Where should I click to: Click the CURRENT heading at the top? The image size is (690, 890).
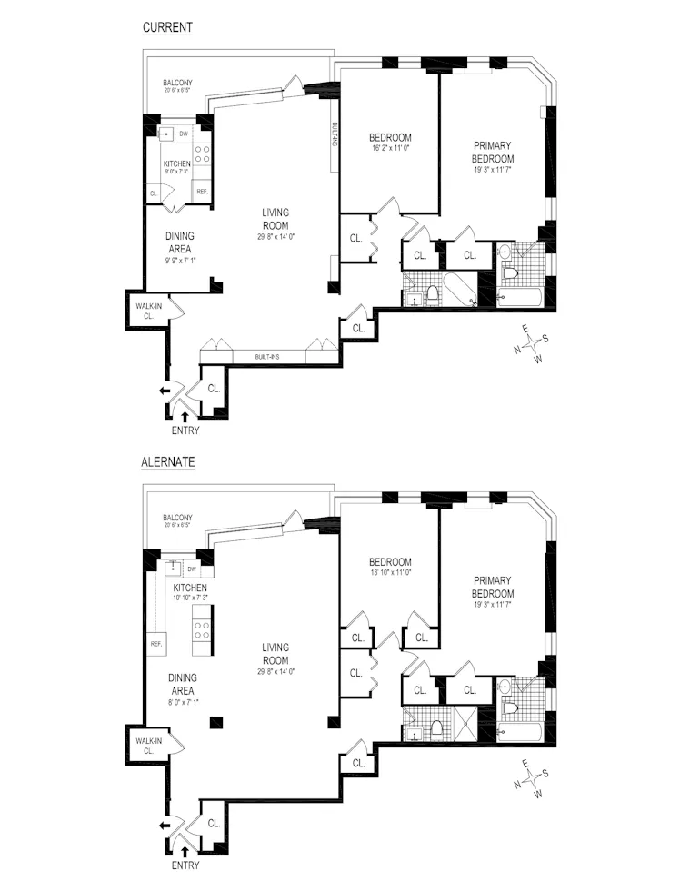tap(167, 27)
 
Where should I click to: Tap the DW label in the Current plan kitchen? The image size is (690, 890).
tap(183, 134)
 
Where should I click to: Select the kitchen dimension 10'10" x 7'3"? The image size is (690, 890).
tap(185, 598)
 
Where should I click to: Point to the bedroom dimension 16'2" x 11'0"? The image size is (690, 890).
tap(390, 148)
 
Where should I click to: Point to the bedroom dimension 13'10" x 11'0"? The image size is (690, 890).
tap(390, 573)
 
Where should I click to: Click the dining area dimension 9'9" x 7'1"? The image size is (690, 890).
tap(179, 260)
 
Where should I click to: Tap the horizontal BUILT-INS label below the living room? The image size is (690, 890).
tap(266, 357)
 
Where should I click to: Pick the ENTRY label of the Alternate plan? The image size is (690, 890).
tap(185, 865)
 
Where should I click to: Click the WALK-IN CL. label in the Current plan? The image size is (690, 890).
tap(149, 311)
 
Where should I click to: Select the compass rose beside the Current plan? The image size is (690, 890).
tap(531, 346)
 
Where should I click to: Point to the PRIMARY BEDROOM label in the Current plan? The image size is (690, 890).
tap(493, 152)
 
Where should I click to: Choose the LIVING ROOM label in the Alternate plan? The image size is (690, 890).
tap(275, 654)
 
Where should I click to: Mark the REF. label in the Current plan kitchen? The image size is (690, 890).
tap(202, 192)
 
